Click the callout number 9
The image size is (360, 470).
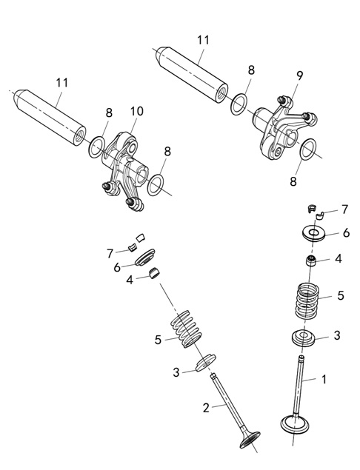[x=300, y=75]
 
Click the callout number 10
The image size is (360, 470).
[x=137, y=111]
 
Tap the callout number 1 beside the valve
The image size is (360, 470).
[x=324, y=379]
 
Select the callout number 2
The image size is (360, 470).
[x=206, y=408]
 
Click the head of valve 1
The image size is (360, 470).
[x=295, y=423]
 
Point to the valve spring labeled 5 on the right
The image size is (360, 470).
[x=307, y=301]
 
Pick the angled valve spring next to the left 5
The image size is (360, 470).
[x=186, y=329]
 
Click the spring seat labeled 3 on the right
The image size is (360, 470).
[x=303, y=338]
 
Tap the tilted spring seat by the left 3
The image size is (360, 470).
[x=205, y=363]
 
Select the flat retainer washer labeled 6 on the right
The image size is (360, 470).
[x=313, y=233]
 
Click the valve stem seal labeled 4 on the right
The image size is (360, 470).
[x=310, y=261]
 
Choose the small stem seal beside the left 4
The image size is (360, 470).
[x=155, y=273]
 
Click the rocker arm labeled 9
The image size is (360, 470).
[x=284, y=129]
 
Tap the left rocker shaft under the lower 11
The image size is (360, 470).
[x=50, y=118]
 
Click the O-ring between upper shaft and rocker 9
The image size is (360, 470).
[x=239, y=104]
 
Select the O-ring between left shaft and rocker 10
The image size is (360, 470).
[x=96, y=147]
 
